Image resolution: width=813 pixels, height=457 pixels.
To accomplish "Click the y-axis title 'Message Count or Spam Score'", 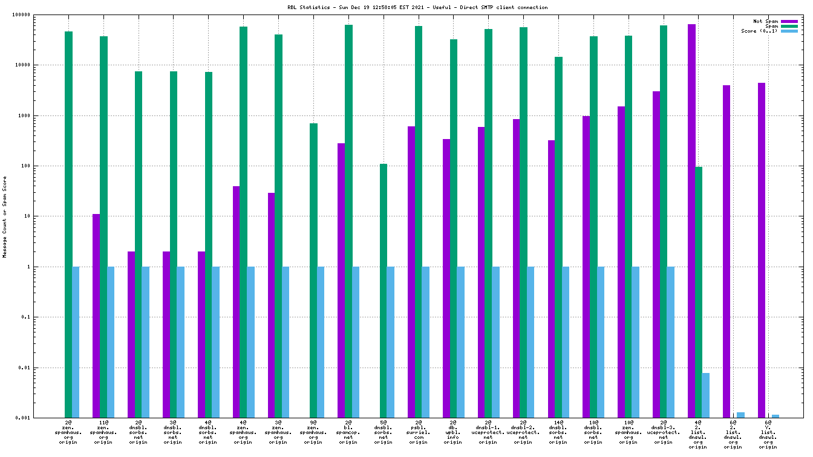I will (x=5, y=216).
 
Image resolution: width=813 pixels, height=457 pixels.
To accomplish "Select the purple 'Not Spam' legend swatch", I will (x=789, y=21).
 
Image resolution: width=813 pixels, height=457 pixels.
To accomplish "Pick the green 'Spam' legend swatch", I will (x=789, y=26).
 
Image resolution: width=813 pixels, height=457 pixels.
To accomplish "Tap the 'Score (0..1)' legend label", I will (x=760, y=31).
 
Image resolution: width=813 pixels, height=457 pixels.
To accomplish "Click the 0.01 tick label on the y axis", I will (x=42, y=368).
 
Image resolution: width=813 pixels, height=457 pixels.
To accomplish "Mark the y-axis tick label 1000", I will (x=42, y=115).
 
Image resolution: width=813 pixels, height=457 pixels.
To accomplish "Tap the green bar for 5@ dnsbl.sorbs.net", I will (x=384, y=291).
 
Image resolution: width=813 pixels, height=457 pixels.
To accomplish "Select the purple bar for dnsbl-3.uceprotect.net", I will (x=656, y=254).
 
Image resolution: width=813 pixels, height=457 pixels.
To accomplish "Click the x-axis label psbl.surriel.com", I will (x=418, y=432).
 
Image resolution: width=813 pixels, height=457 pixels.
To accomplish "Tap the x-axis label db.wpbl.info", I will (x=453, y=432).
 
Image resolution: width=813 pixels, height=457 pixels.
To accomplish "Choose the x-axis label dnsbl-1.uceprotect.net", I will (x=488, y=432).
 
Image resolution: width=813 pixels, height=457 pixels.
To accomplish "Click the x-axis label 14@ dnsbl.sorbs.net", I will (x=558, y=432).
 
